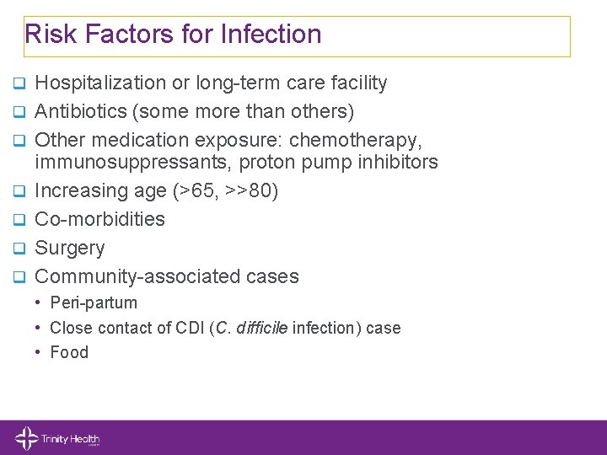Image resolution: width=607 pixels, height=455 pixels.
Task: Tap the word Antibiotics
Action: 83,111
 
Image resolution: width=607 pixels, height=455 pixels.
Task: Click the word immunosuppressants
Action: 123,162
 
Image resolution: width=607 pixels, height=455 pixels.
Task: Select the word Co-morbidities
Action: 99,219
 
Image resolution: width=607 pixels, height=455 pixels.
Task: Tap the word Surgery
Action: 70,249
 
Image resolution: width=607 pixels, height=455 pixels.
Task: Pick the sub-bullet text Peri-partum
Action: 94,302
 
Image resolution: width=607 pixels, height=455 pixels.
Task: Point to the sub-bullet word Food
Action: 69,352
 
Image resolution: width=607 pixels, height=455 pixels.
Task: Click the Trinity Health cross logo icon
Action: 26,438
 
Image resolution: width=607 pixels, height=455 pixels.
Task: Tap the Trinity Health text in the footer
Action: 70,438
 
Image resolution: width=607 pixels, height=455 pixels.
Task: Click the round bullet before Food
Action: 39,352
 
